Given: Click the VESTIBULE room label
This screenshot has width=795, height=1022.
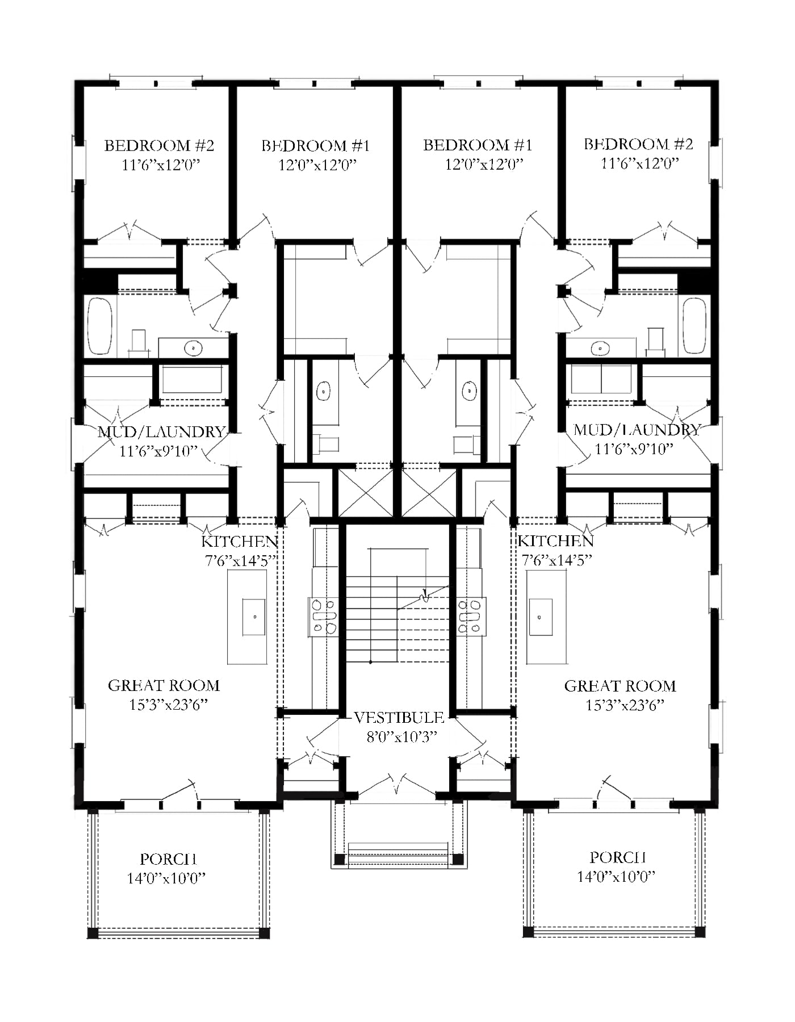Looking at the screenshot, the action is click(399, 718).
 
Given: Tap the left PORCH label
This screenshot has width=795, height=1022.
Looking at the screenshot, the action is click(169, 860).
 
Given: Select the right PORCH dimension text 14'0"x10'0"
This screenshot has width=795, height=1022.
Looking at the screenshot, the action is click(616, 877).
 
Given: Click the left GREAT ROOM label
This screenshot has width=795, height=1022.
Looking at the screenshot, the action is click(164, 686).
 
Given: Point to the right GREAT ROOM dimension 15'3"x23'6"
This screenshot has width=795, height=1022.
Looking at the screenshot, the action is click(625, 705).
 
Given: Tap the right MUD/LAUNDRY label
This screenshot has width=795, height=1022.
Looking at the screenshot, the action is click(637, 430).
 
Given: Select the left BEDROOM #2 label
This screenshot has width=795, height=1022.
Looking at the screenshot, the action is click(159, 146).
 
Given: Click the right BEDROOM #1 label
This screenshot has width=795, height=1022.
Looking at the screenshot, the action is click(478, 145).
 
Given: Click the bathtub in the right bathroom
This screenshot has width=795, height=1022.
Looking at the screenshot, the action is click(694, 326).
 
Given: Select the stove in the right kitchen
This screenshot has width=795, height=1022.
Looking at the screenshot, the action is click(471, 615).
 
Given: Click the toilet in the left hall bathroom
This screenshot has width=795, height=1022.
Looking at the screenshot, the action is click(328, 445).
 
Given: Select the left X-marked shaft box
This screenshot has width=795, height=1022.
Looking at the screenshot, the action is click(366, 492).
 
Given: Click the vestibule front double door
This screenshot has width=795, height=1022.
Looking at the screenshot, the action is click(397, 786).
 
